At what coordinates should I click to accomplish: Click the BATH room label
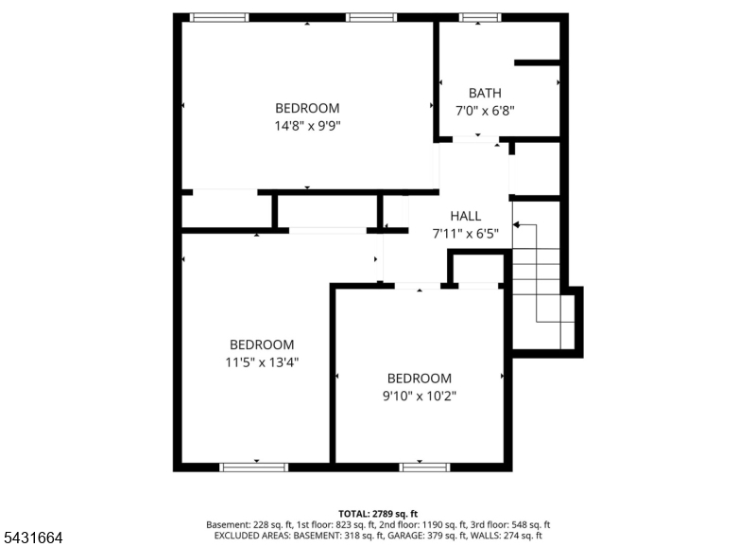pos(485,93)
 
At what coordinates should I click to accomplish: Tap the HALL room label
pos(465,216)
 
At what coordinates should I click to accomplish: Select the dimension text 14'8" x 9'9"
pos(308,126)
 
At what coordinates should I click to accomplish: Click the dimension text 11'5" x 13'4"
pos(262,362)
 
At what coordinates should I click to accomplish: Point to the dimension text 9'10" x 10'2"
pos(420,396)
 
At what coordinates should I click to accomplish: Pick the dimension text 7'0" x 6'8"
pos(485,111)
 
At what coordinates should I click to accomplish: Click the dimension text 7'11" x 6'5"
pos(465,234)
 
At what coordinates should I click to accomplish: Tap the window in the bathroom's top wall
pos(480,17)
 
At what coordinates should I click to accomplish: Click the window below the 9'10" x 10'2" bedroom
pos(424,467)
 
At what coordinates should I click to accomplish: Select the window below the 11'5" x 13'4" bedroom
pos(253,467)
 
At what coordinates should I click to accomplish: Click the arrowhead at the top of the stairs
pos(516,225)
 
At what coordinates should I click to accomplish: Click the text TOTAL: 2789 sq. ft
pos(378,514)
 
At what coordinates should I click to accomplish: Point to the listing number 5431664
pos(33,538)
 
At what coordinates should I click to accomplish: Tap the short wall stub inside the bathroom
pos(537,62)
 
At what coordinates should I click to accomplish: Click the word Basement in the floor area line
pos(225,525)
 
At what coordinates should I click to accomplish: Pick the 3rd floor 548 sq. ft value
pos(529,525)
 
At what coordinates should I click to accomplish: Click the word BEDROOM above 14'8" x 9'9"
pos(308,108)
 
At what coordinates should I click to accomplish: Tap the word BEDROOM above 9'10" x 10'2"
pos(420,378)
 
